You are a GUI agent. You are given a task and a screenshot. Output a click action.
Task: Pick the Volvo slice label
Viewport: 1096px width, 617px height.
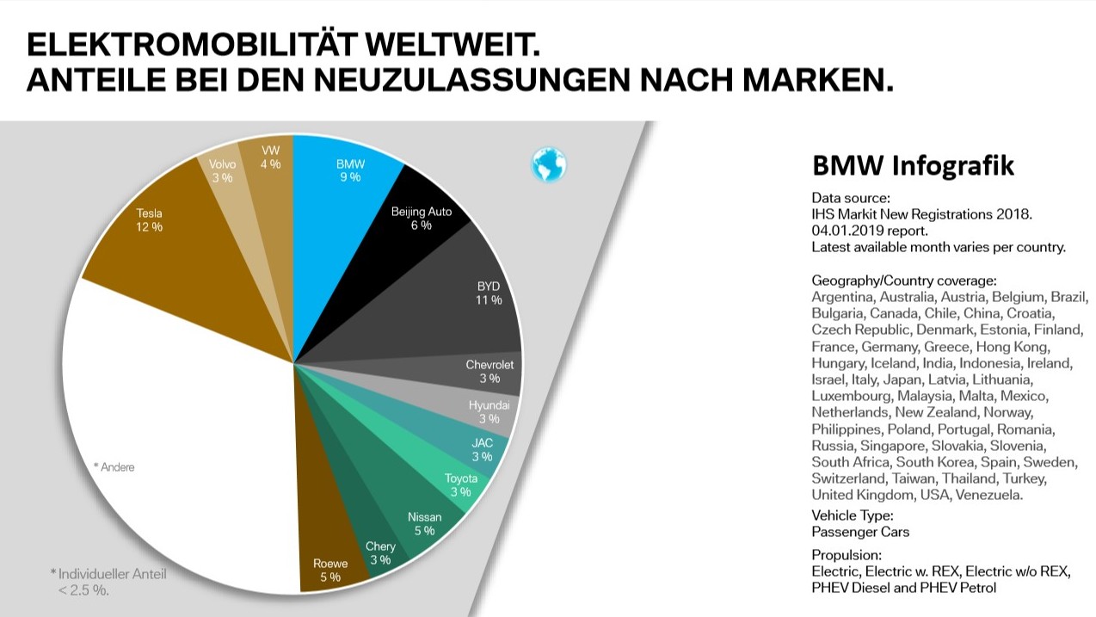222,170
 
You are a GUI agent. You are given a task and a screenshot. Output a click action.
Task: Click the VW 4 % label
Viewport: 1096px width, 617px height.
270,157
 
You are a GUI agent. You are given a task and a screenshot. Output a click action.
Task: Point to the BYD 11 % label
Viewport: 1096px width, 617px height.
489,293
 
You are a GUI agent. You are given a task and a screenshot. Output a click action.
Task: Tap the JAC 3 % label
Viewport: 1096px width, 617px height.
482,450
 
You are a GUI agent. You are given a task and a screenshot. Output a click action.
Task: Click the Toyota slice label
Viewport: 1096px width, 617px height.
460,485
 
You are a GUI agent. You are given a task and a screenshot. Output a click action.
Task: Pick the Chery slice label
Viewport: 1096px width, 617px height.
380,552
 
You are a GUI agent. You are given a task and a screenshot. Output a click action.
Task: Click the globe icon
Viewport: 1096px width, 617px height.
548,164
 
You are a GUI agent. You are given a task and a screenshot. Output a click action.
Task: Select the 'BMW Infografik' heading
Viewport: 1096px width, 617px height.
913,165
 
